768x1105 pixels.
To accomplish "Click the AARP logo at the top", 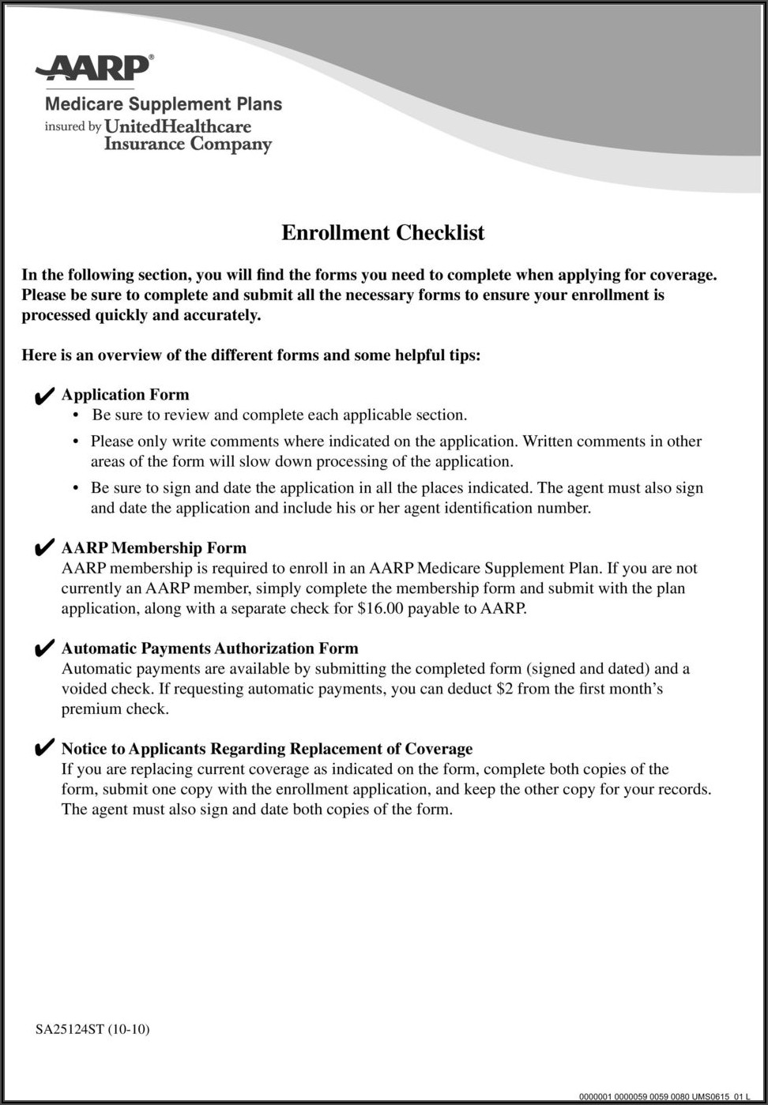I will click(93, 69).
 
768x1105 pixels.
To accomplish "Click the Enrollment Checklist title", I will click(383, 233).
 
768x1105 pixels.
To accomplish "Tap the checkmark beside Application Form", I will click(44, 396).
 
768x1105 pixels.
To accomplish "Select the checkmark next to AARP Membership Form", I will click(44, 549).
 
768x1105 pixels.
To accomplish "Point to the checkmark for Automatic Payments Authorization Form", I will click(44, 649).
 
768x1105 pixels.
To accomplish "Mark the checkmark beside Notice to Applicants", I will click(44, 750).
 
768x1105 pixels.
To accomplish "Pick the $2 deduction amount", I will click(505, 689).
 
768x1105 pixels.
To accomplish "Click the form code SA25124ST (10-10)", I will click(92, 1029).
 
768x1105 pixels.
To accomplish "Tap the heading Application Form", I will click(126, 395).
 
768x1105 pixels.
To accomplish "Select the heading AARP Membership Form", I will click(154, 548).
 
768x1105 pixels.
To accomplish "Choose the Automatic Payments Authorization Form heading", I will click(210, 648).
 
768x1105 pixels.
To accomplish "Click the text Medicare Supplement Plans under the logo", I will click(164, 104).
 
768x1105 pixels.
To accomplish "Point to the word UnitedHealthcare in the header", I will click(178, 126).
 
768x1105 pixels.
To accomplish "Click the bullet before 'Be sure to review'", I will click(76, 415).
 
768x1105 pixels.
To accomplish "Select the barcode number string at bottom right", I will click(664, 1096).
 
